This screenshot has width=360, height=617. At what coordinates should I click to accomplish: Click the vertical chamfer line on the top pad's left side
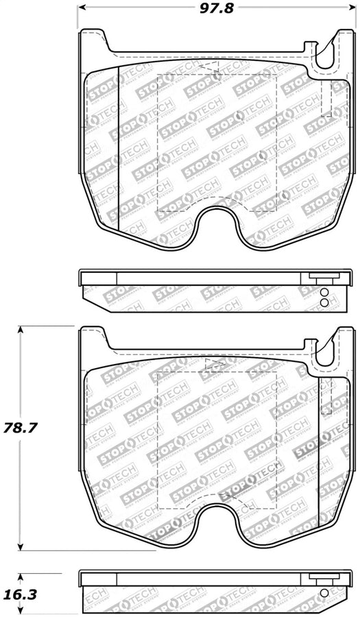tap(119, 147)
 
